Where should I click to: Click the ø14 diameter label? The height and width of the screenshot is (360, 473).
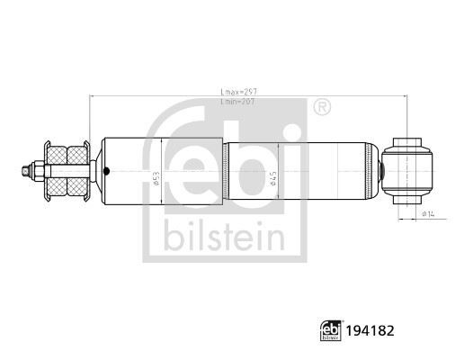click(x=429, y=213)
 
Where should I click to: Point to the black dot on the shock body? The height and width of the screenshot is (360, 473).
click(x=107, y=169)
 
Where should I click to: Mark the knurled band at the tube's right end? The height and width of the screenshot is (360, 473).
click(x=370, y=168)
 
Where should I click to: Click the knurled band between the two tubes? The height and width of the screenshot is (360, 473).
click(x=226, y=168)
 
